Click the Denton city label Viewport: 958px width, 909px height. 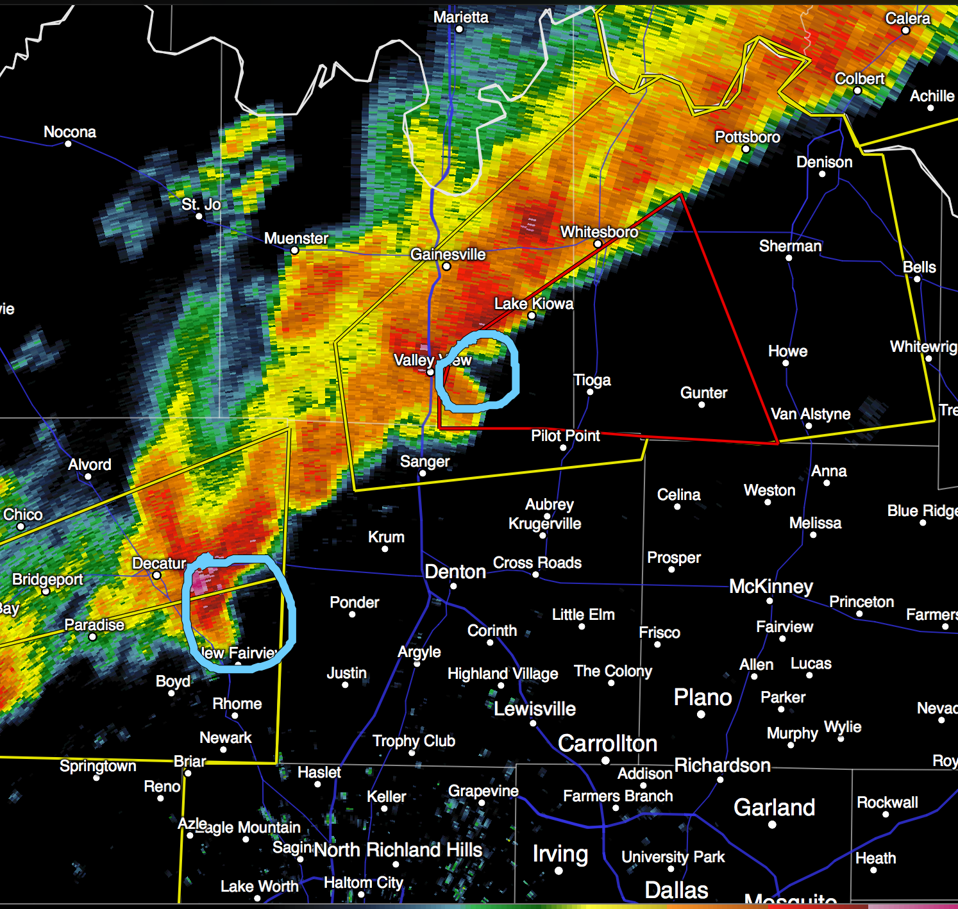tap(455, 571)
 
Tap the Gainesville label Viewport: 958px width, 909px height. tap(448, 254)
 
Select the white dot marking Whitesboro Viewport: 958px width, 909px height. tap(598, 244)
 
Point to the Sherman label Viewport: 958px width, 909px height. tap(790, 246)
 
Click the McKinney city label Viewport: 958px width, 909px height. tap(771, 587)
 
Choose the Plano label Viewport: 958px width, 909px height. tap(702, 697)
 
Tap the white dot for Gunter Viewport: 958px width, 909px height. tap(702, 404)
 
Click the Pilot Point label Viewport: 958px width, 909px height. tap(565, 436)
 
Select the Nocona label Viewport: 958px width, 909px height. tap(69, 132)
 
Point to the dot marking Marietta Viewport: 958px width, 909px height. tap(459, 29)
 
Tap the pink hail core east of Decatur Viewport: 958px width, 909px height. tap(203, 581)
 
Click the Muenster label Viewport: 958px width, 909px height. tap(296, 238)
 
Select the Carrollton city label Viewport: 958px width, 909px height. tap(607, 744)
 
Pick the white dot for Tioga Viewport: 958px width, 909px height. tap(590, 392)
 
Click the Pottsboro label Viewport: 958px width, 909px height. tap(747, 137)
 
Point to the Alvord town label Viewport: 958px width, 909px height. tap(90, 465)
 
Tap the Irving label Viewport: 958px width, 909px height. tap(560, 854)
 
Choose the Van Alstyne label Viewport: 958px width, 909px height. tap(811, 414)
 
